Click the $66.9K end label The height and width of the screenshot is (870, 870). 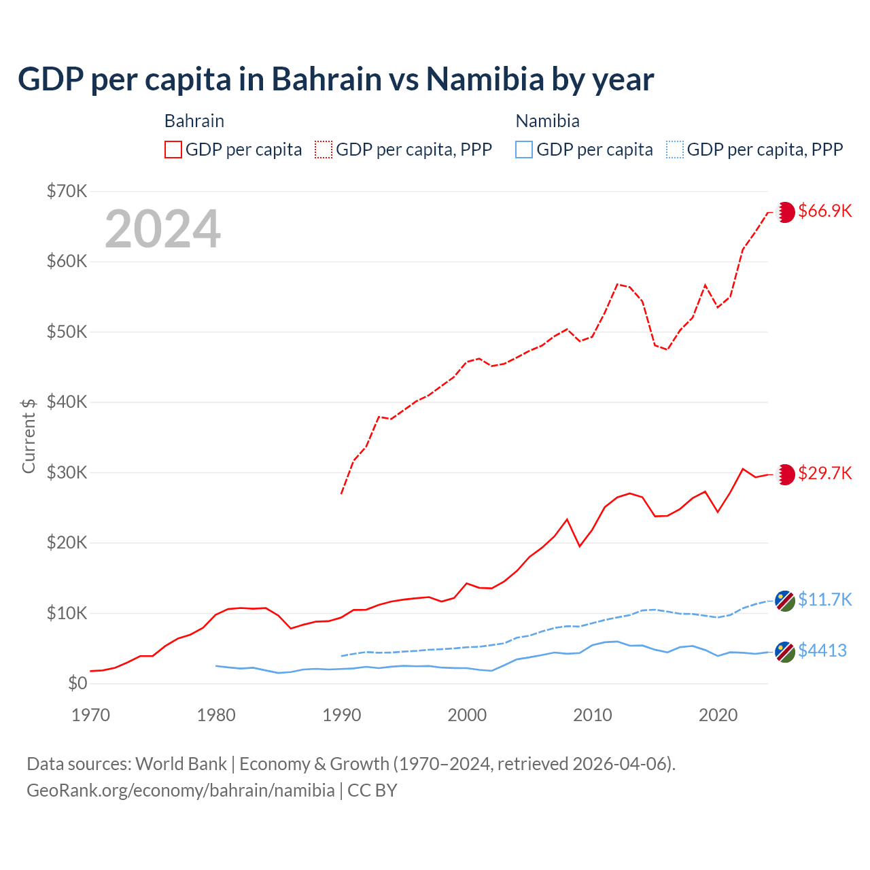click(x=824, y=211)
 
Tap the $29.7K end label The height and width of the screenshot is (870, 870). click(x=824, y=473)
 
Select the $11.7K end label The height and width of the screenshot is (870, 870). click(x=824, y=599)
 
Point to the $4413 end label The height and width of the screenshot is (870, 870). click(x=822, y=650)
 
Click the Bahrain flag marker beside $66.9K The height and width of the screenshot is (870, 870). click(x=785, y=212)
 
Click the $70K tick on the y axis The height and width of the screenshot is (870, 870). click(x=67, y=191)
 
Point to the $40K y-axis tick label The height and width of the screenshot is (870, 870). click(x=67, y=402)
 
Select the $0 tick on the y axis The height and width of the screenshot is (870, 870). click(x=77, y=683)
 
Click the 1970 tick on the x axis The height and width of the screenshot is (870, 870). click(x=91, y=715)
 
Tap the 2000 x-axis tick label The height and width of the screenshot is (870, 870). click(x=467, y=715)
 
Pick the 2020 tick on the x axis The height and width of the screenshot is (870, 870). click(x=718, y=715)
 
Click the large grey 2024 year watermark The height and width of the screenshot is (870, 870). click(x=163, y=229)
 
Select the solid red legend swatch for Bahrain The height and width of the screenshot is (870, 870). click(x=173, y=150)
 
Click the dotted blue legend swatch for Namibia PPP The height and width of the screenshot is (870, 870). click(x=675, y=150)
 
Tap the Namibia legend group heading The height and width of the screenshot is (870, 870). click(x=547, y=121)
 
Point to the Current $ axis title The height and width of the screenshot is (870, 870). click(x=29, y=436)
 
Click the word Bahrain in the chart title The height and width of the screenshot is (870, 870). click(x=327, y=79)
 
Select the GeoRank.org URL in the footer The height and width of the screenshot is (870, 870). click(x=181, y=790)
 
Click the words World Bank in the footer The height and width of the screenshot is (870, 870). click(x=181, y=764)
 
